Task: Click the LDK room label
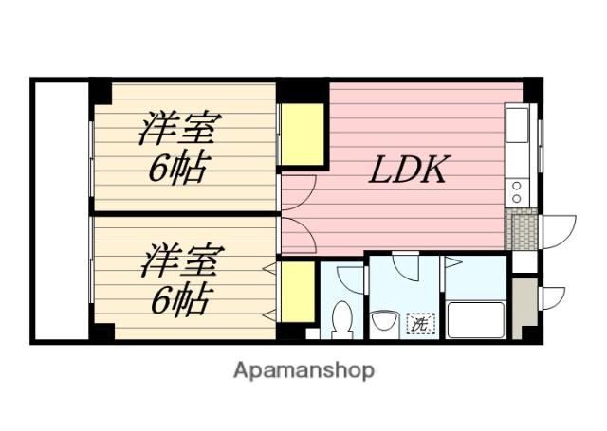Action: [407, 171]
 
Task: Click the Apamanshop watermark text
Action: [303, 369]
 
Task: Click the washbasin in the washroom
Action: [385, 322]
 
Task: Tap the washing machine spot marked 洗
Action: [418, 323]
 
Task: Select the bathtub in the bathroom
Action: [475, 319]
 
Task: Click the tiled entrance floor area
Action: [523, 230]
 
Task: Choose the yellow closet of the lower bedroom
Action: [298, 291]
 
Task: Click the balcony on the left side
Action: [61, 210]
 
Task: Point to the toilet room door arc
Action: [351, 280]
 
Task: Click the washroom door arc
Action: [408, 266]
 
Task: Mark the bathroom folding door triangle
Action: [453, 260]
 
